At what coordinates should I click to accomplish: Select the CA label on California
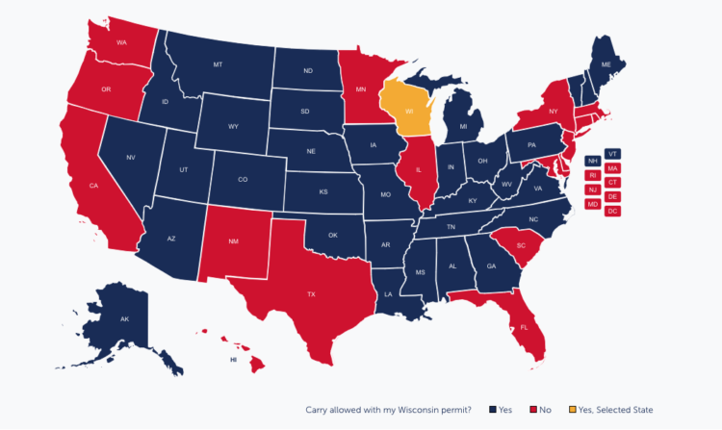[x=94, y=186]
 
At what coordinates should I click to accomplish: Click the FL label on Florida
[x=524, y=326]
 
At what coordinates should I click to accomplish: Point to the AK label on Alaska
[x=124, y=318]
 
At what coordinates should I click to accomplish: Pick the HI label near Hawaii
[x=233, y=360]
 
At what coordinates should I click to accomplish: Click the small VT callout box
[x=613, y=153]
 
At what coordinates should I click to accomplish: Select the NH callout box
[x=592, y=161]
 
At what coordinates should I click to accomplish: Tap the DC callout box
[x=613, y=211]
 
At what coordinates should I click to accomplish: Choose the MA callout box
[x=613, y=168]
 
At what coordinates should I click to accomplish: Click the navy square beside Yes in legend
[x=493, y=410]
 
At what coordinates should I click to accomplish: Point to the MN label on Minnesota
[x=360, y=89]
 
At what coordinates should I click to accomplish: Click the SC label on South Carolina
[x=520, y=245]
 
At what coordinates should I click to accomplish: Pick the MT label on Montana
[x=218, y=64]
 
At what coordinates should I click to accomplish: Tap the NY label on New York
[x=553, y=113]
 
